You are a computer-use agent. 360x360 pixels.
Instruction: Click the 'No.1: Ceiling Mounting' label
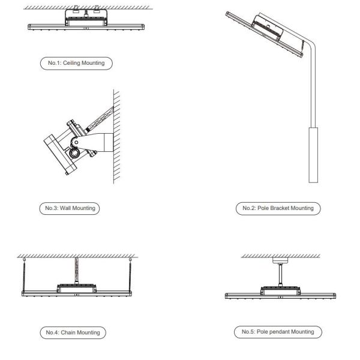[76, 63]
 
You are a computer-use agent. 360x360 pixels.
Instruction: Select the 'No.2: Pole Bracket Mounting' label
[278, 208]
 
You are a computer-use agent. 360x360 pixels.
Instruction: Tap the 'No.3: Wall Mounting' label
[70, 208]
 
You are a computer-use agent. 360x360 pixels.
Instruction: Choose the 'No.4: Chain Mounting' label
[73, 332]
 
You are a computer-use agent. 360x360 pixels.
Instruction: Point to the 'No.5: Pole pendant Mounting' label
[278, 332]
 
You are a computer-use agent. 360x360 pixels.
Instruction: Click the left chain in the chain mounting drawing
[24, 276]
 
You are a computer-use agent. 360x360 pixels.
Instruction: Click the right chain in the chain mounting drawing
[130, 276]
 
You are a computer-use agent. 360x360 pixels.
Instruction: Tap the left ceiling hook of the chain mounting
[24, 259]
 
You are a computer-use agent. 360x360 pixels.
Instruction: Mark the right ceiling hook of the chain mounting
[130, 259]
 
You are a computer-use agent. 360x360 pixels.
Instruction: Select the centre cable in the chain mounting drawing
[77, 270]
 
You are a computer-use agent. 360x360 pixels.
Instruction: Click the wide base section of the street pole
[313, 155]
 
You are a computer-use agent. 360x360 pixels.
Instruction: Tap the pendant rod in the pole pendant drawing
[280, 275]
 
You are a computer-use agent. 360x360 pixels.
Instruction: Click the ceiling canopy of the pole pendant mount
[280, 260]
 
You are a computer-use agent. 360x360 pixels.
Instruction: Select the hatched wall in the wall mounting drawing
[116, 136]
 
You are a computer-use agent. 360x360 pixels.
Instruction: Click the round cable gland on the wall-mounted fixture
[74, 152]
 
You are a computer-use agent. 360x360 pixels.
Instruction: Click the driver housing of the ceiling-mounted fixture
[86, 17]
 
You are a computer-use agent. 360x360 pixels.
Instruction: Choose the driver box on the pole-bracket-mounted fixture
[268, 27]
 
